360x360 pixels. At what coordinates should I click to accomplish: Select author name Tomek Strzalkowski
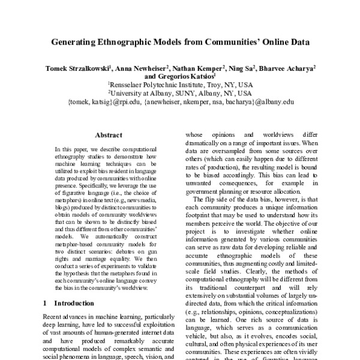[x=77, y=70]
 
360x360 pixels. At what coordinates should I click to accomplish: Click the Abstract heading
[x=109, y=136]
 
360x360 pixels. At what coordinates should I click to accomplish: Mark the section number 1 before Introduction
[x=46, y=304]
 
